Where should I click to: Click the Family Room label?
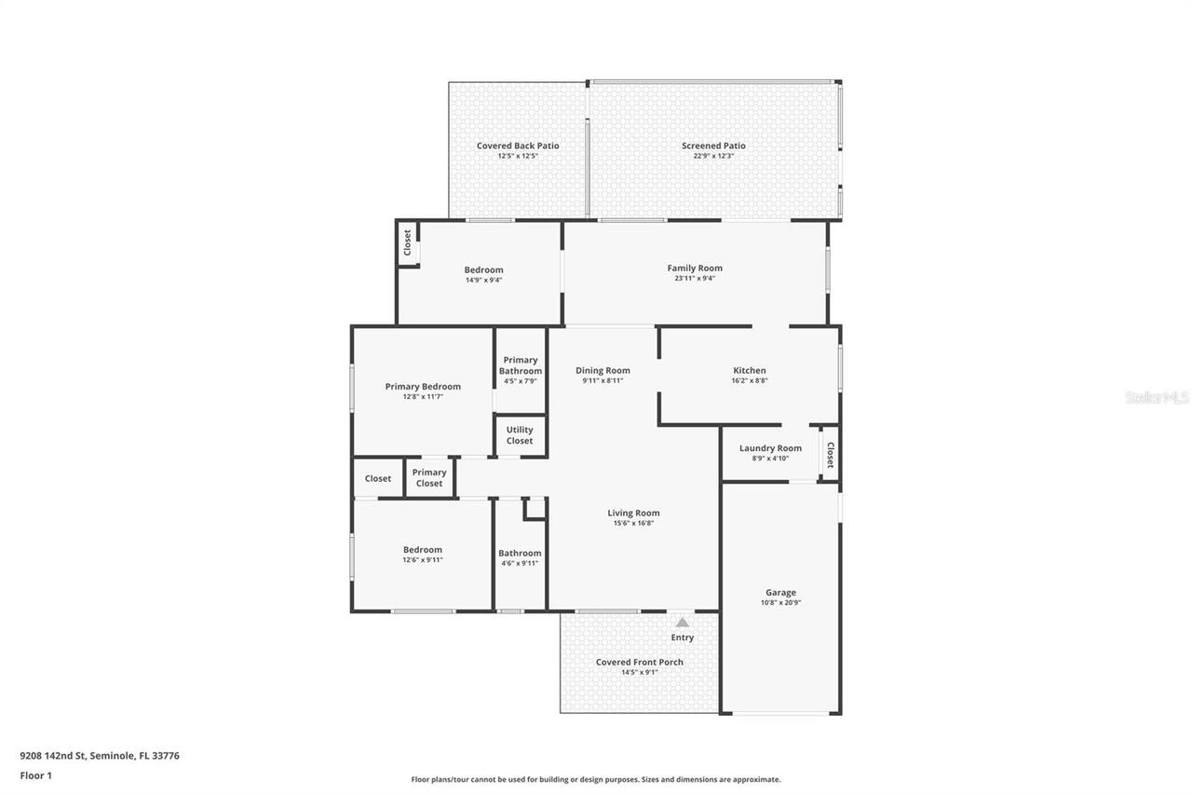(695, 268)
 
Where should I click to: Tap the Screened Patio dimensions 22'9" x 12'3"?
(713, 156)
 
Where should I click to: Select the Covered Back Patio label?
(518, 145)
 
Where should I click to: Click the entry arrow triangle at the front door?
(683, 623)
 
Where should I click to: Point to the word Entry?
(683, 637)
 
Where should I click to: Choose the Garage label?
(780, 593)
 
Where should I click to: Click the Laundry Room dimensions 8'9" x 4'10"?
(770, 459)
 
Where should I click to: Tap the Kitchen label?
(750, 370)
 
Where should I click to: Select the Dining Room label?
(603, 370)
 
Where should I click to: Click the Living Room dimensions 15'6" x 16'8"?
(633, 524)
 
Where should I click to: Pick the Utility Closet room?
(520, 435)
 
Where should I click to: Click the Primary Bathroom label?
(520, 365)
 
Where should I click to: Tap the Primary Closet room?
(429, 478)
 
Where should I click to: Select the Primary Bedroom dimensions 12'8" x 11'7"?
(423, 397)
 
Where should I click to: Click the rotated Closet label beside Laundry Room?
(830, 454)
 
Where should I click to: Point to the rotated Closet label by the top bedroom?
(407, 242)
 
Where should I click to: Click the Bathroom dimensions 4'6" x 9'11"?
(520, 563)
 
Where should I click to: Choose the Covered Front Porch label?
(639, 662)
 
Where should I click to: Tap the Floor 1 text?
(35, 774)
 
